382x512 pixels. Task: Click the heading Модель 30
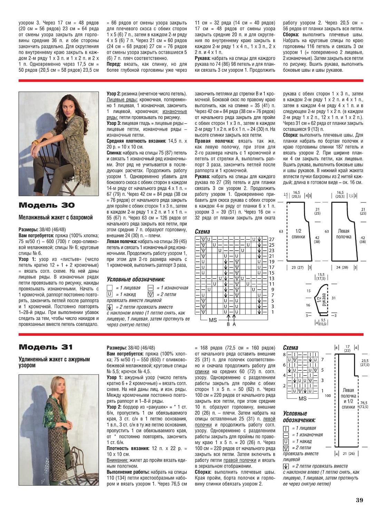pos(47,205)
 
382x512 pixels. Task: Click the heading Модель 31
pos(46,347)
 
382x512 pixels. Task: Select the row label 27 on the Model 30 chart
pos(272,239)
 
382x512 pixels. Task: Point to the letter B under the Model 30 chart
pos(228,324)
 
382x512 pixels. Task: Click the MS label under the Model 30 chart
pos(213,320)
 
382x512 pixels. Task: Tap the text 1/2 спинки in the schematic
pos(298,234)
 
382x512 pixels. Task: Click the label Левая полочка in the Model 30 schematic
pos(343,234)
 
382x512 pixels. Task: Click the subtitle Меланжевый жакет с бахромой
pos(56,218)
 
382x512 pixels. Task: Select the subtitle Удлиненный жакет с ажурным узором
pos(54,362)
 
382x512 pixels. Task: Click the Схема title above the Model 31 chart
pos(290,348)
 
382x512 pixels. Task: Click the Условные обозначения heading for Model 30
pos(136,279)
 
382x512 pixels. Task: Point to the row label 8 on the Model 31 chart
pos(284,354)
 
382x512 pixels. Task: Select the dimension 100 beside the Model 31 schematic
pos(327,395)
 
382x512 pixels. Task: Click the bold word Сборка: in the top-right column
pos(291,34)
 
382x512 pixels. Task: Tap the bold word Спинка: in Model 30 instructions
pos(114,153)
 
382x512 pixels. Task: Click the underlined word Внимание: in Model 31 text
pos(117,460)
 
